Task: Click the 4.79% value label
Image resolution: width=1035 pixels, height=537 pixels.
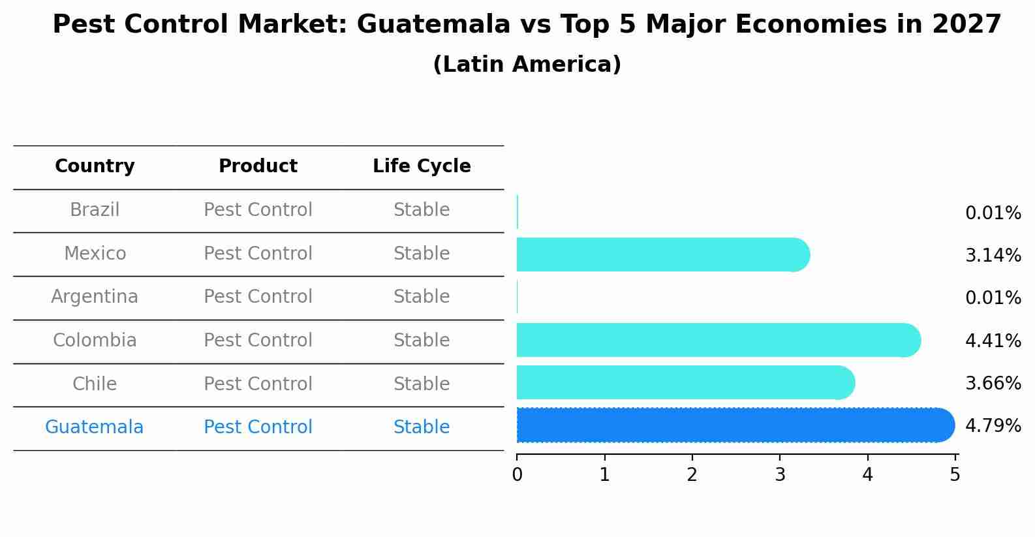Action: (993, 426)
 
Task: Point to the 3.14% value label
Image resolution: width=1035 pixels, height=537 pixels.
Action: (993, 255)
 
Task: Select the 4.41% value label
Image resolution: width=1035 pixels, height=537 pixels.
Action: (993, 341)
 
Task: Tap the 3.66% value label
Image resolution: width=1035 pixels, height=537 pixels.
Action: (993, 383)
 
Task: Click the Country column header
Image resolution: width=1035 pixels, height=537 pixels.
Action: (95, 166)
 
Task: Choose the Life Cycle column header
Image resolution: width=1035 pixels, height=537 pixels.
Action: (422, 166)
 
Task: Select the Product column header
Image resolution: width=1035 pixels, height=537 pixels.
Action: (258, 166)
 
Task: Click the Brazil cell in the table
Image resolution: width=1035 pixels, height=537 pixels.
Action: (95, 210)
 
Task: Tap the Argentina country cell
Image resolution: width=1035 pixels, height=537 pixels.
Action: (95, 297)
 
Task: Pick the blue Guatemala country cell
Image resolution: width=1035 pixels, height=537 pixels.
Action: (95, 427)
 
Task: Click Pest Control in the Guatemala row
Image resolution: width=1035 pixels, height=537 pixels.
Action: (258, 427)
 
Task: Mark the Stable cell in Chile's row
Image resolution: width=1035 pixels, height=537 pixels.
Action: (422, 384)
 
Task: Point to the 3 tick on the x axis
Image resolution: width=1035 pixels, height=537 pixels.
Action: (780, 474)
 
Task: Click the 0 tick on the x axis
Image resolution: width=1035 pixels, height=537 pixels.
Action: (517, 474)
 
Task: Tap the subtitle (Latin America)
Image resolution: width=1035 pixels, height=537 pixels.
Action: (527, 65)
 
